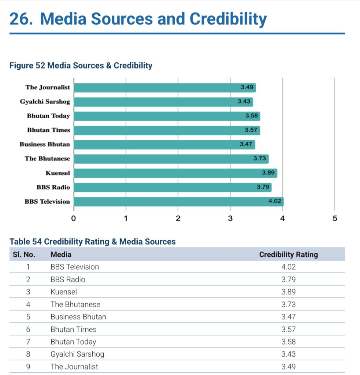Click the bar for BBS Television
tap(179, 202)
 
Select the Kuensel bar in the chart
tap(175, 173)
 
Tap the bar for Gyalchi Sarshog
tap(163, 102)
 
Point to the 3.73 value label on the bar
tap(259, 159)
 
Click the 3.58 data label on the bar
tap(252, 116)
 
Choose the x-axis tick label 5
tap(334, 219)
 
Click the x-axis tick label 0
tap(74, 219)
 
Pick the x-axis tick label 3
tap(230, 219)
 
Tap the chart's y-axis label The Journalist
tap(48, 88)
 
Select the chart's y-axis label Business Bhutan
tap(45, 144)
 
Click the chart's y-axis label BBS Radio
tap(53, 187)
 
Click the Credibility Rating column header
tap(288, 255)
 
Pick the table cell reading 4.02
tap(288, 267)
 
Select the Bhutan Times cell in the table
tap(73, 329)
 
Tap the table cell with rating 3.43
tap(288, 354)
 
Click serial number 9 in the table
tap(28, 367)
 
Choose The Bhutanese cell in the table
tap(75, 304)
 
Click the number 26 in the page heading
tap(19, 19)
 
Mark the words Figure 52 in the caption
tap(27, 66)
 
